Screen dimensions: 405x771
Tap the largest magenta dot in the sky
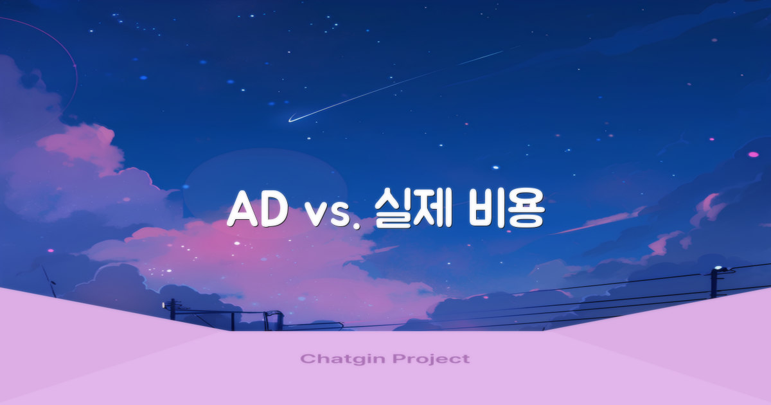[753, 155]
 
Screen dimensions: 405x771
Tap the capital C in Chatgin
[306, 359]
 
